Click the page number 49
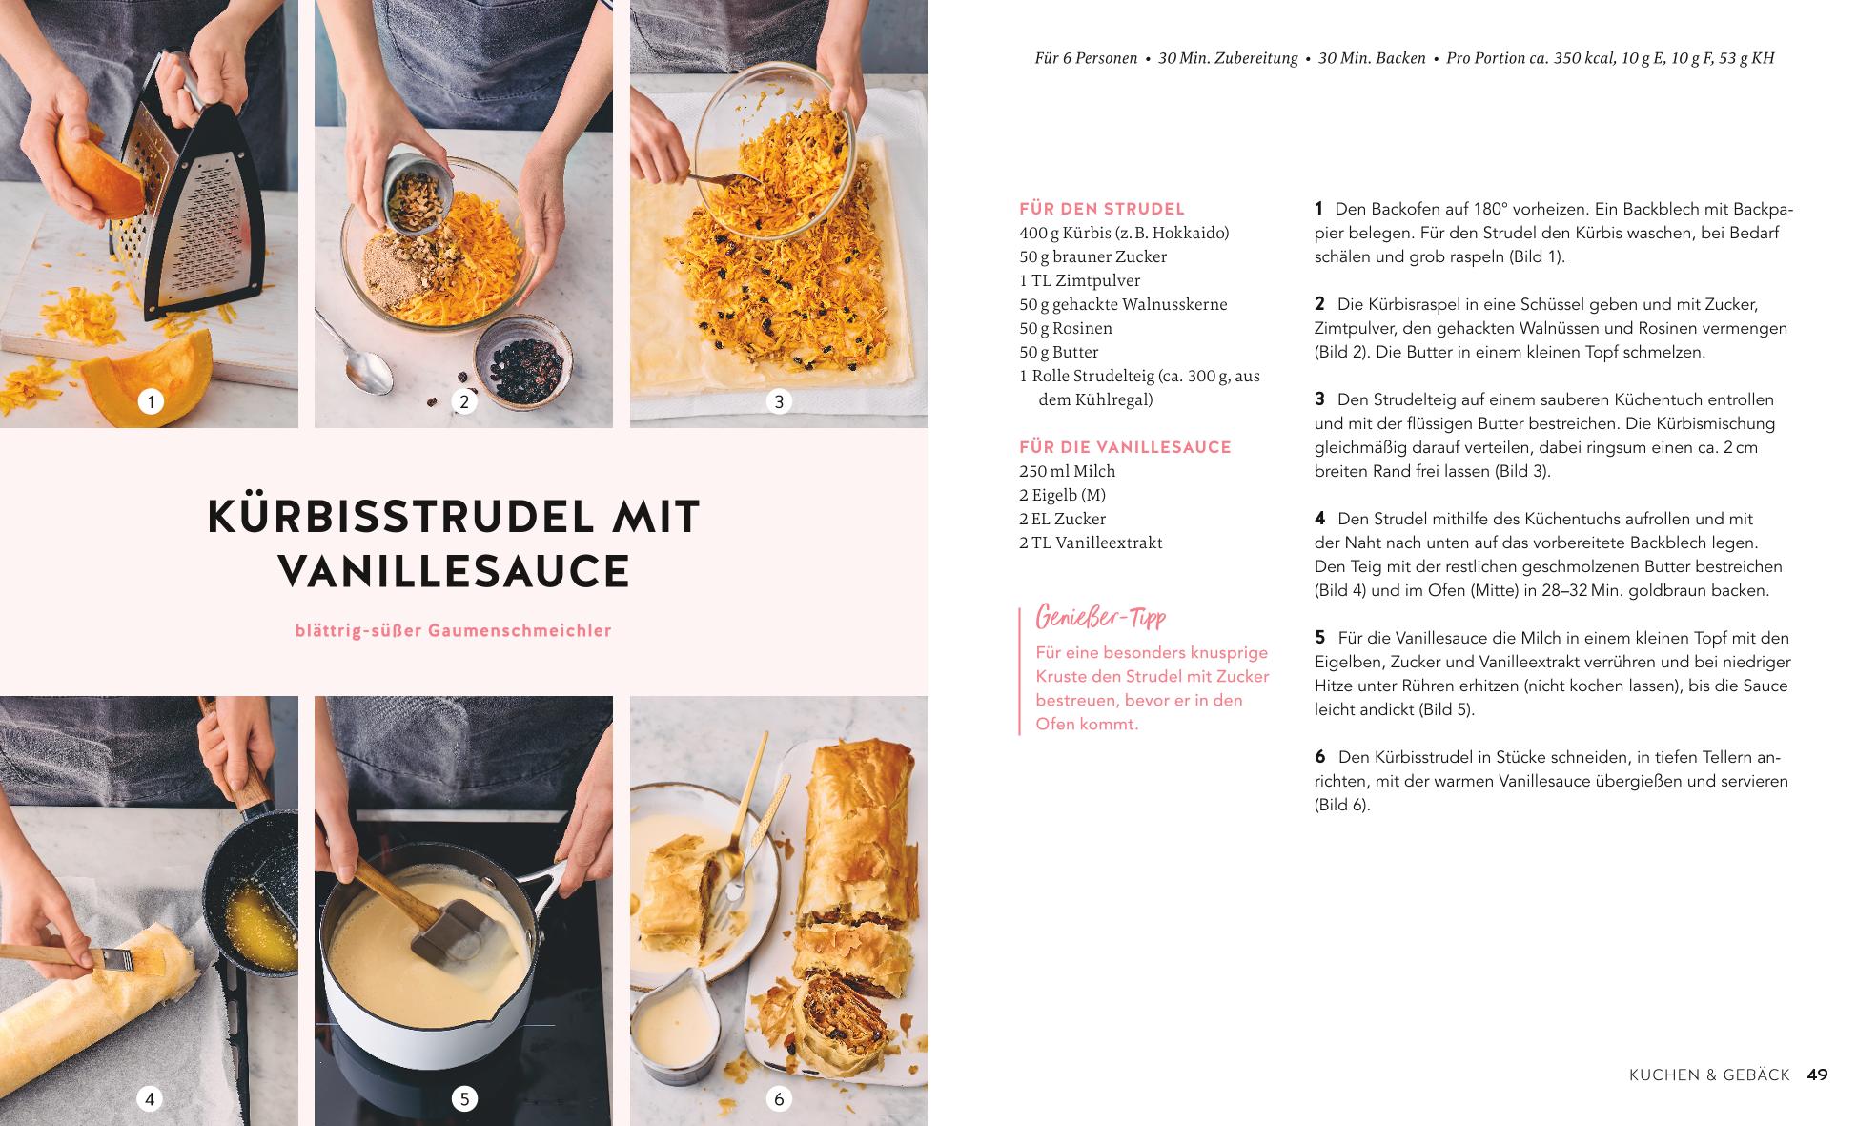click(x=1817, y=1075)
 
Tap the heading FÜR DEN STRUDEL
click(x=1102, y=209)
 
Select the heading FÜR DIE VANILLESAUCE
click(x=1125, y=447)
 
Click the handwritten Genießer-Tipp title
click(x=1100, y=618)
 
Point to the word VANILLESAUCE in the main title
click(x=455, y=571)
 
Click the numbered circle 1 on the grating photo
click(x=150, y=401)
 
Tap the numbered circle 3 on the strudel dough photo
click(x=779, y=401)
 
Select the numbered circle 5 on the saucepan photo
click(x=464, y=1099)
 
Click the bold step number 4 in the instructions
click(x=1319, y=519)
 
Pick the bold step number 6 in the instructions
click(x=1319, y=757)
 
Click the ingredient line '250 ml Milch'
click(x=1067, y=471)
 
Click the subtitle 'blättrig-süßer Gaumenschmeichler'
click(x=454, y=630)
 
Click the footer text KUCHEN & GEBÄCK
click(x=1709, y=1075)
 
